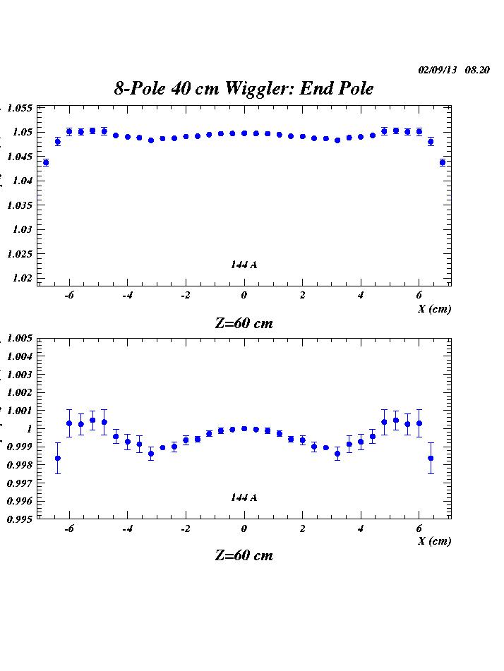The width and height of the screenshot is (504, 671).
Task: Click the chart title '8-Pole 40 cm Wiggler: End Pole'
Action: click(244, 88)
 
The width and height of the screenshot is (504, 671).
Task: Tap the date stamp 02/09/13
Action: click(438, 70)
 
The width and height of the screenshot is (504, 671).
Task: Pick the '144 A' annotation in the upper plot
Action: click(244, 265)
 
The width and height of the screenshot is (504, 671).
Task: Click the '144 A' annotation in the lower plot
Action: click(244, 497)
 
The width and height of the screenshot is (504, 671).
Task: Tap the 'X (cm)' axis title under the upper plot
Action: click(434, 309)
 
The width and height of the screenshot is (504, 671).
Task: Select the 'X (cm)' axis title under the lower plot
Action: click(434, 541)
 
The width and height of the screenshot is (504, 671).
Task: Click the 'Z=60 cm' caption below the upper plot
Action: click(244, 324)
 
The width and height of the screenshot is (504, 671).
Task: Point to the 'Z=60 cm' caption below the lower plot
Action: click(244, 555)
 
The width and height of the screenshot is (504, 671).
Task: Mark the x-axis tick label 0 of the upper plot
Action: click(244, 296)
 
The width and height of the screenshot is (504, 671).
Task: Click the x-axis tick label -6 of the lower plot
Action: click(69, 528)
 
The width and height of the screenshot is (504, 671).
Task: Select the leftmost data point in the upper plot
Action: click(46, 162)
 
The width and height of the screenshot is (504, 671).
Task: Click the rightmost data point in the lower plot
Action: click(431, 458)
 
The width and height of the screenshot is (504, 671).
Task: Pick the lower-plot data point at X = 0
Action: click(244, 428)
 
